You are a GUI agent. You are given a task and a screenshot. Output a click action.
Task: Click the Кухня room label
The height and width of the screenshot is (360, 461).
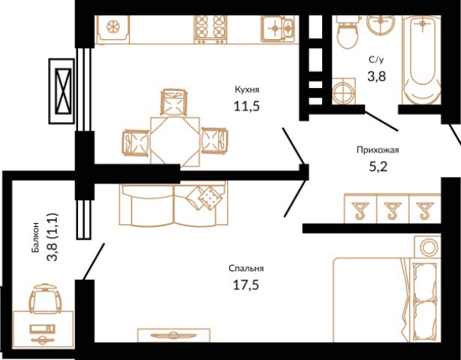(x=247, y=89)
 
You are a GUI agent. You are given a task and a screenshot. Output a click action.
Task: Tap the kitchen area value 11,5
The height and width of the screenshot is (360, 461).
(x=247, y=106)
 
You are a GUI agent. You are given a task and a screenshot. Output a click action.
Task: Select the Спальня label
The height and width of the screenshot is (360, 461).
(x=246, y=268)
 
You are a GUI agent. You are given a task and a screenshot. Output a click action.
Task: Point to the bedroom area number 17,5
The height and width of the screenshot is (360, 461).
(x=246, y=285)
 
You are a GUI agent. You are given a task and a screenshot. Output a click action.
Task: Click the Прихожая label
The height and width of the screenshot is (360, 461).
(x=378, y=150)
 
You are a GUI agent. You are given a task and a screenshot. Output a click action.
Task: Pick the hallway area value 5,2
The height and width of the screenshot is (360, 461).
(x=378, y=167)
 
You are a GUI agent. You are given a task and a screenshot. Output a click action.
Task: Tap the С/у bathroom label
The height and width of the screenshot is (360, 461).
(x=376, y=60)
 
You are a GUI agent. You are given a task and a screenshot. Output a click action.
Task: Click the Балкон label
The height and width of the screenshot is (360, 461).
(x=35, y=237)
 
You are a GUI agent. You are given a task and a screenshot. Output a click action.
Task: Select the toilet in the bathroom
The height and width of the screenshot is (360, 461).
(x=348, y=32)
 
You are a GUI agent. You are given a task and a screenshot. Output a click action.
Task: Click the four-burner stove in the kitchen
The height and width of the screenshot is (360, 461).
(x=210, y=29)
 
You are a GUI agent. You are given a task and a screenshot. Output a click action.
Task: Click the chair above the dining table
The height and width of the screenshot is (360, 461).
(x=173, y=102)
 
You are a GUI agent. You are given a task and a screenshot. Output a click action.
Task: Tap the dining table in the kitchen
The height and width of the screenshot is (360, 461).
(x=175, y=142)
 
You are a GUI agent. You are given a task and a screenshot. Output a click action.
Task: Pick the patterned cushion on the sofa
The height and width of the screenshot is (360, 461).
(x=209, y=197)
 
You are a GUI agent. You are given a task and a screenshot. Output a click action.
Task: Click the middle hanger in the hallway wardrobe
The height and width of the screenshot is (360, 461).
(x=393, y=210)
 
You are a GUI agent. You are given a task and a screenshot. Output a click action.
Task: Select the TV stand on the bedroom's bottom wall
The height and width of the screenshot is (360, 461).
(x=173, y=335)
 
